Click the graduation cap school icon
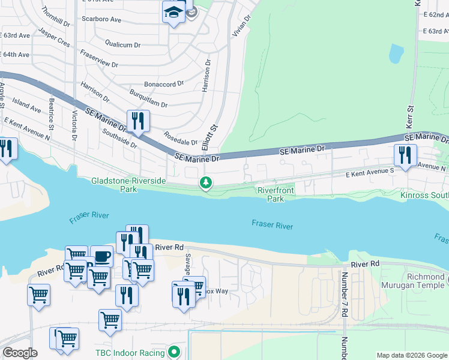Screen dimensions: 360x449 coord(173,13)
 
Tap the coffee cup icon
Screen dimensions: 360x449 coord(101,257)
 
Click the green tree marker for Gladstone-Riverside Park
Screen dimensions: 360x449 coord(206,182)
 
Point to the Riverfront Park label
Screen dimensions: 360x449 coord(275,194)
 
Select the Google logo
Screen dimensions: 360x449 coord(20,353)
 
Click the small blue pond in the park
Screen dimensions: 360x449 coord(396,54)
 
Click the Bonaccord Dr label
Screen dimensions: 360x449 coord(164,85)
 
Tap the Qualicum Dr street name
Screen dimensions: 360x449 coord(122,44)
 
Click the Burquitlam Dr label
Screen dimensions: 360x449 coord(148,100)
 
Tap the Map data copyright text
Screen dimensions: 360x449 coord(411,355)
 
